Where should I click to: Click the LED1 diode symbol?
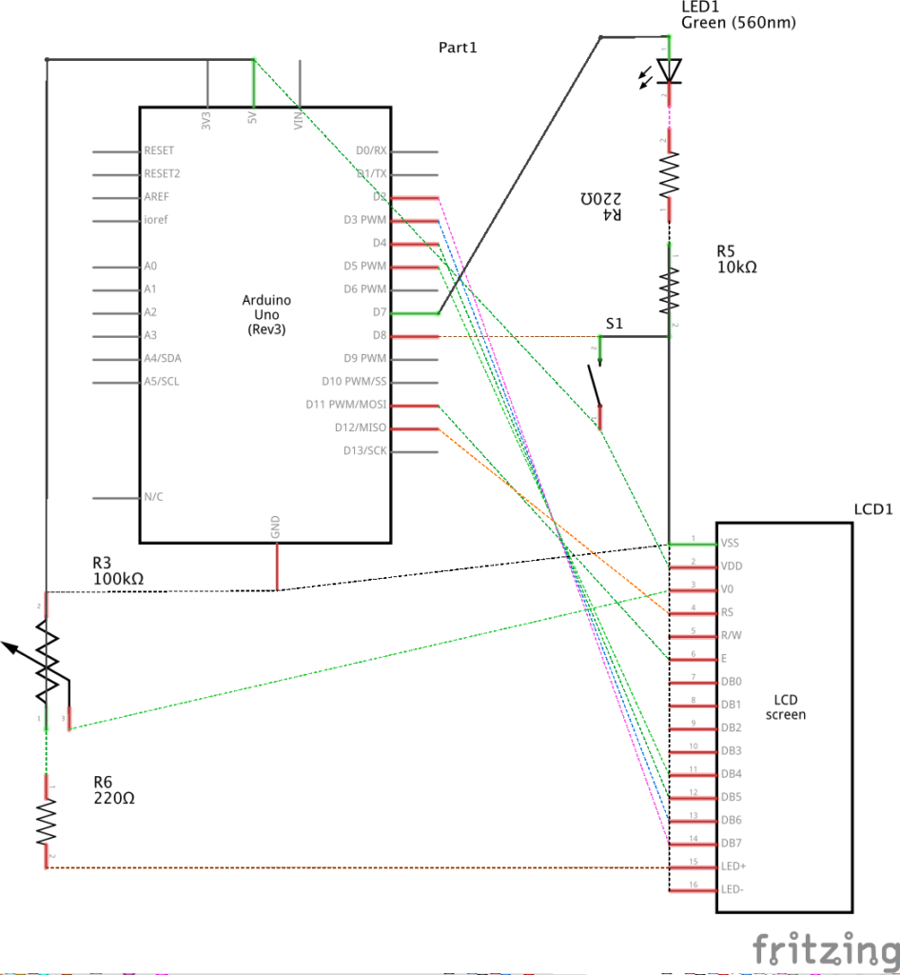(x=670, y=70)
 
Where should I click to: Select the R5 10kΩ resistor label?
(x=737, y=260)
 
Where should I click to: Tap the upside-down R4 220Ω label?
(x=601, y=207)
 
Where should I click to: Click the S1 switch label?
(x=615, y=324)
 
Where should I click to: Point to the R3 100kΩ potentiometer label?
(x=118, y=569)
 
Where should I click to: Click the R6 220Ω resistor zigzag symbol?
(x=46, y=821)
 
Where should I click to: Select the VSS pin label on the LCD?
(x=731, y=544)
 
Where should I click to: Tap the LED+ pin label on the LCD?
(x=734, y=866)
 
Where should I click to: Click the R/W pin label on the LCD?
(x=732, y=636)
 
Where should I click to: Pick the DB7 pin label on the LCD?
(x=732, y=843)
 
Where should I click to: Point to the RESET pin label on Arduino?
(x=159, y=151)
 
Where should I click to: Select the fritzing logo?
(x=824, y=949)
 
